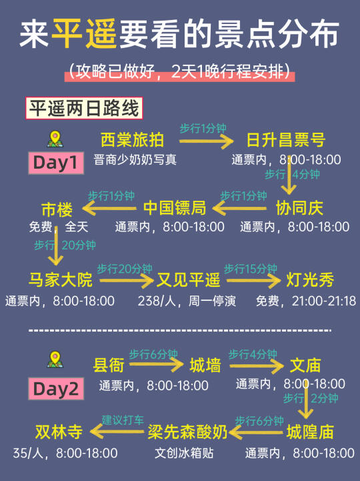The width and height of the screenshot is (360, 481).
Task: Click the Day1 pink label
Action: [56, 163]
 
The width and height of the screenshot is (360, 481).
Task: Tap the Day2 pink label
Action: [56, 389]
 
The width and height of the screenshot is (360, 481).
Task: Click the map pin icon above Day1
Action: [55, 139]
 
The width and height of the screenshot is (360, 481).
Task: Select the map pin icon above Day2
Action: [55, 360]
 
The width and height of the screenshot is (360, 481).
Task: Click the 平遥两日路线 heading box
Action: [84, 108]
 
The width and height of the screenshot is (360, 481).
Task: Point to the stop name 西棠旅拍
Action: [132, 140]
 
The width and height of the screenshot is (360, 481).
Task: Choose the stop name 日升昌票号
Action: [286, 140]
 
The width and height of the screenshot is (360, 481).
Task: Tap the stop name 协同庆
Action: [299, 208]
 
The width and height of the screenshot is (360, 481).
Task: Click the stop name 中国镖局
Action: [175, 208]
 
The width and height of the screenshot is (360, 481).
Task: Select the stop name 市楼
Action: [57, 209]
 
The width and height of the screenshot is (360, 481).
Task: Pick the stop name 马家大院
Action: [61, 280]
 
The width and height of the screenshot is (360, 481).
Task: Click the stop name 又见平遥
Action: [188, 280]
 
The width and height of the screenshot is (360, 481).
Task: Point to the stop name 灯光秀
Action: [310, 280]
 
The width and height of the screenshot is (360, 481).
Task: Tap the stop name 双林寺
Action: [59, 432]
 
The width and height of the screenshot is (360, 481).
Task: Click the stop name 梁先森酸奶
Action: [187, 432]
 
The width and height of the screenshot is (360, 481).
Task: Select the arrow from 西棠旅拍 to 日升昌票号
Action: [206, 141]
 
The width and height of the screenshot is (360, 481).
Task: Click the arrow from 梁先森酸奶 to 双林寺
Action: [117, 432]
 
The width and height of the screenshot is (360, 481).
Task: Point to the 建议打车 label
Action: [123, 420]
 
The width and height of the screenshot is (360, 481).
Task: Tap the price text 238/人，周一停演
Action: [187, 301]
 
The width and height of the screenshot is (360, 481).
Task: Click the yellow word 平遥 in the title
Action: [84, 34]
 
